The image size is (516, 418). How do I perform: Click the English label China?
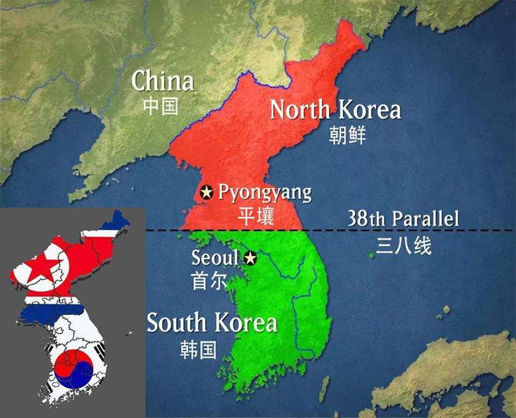click(x=163, y=81)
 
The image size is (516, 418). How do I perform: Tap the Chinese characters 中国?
click(x=161, y=106)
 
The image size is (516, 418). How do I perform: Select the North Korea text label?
click(x=335, y=110)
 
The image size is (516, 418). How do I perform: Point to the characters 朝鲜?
click(x=347, y=134)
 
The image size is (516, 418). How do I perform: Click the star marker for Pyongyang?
click(x=207, y=192)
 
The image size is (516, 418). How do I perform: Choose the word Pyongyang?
click(x=265, y=192)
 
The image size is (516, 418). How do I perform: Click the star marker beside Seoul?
click(x=250, y=258)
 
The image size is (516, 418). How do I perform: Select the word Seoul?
click(x=215, y=258)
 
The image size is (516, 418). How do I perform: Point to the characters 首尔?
click(x=208, y=280)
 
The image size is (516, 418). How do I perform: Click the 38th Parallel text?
click(x=403, y=219)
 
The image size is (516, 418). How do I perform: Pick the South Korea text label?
click(x=212, y=323)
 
